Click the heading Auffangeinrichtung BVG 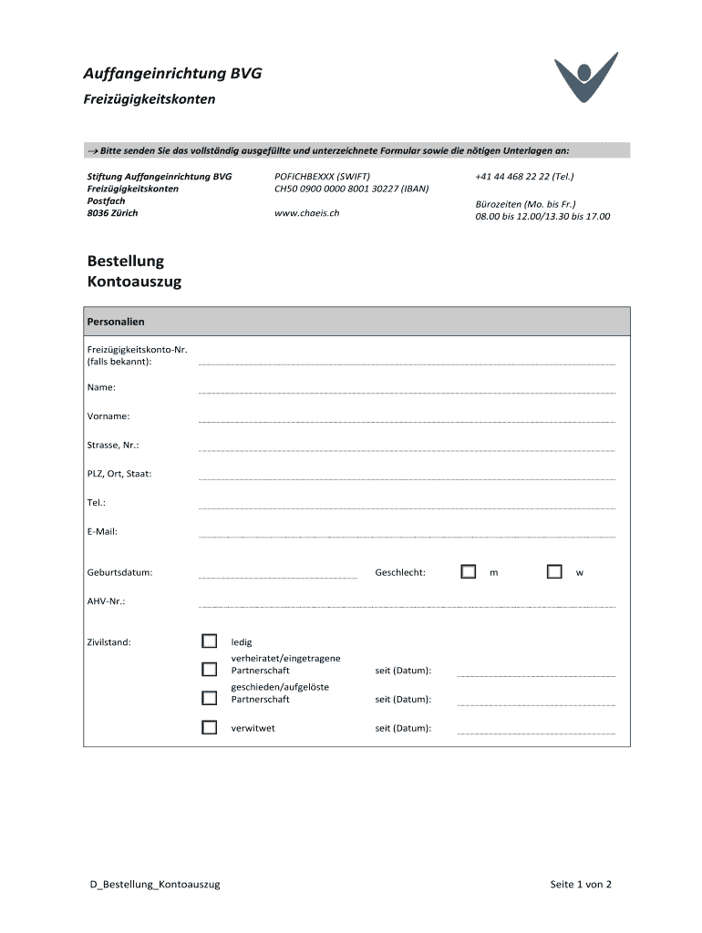pyautogui.click(x=173, y=74)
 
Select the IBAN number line pyautogui.click(x=351, y=189)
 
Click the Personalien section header pyautogui.click(x=116, y=322)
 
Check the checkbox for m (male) pyautogui.click(x=469, y=571)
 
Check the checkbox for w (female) pyautogui.click(x=554, y=571)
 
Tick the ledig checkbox pyautogui.click(x=210, y=641)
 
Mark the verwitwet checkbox pyautogui.click(x=210, y=727)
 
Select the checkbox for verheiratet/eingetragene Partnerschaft pyautogui.click(x=210, y=669)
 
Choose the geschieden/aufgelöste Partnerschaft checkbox pyautogui.click(x=210, y=698)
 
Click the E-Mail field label pyautogui.click(x=102, y=531)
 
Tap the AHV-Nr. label pyautogui.click(x=106, y=601)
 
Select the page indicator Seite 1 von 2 pyautogui.click(x=581, y=884)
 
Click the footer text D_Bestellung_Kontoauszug pyautogui.click(x=149, y=884)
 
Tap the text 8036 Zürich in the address pyautogui.click(x=112, y=213)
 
